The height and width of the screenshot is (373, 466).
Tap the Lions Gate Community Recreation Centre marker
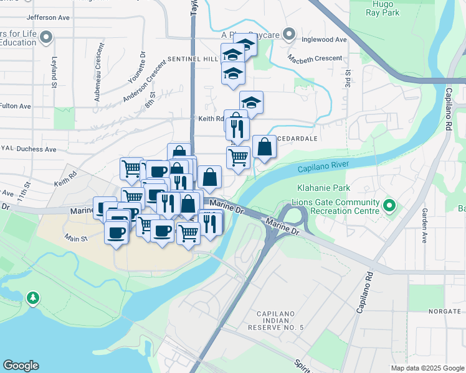pos(390,205)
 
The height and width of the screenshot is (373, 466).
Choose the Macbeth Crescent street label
pos(315,58)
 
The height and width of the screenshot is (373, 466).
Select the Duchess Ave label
pos(35,149)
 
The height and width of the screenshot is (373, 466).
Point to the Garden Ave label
pos(424,224)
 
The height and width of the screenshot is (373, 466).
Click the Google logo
pos(21,366)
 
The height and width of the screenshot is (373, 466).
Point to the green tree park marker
pos(32,299)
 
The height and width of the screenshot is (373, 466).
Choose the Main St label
pos(75,237)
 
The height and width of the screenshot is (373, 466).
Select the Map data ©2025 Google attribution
pos(427,368)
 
